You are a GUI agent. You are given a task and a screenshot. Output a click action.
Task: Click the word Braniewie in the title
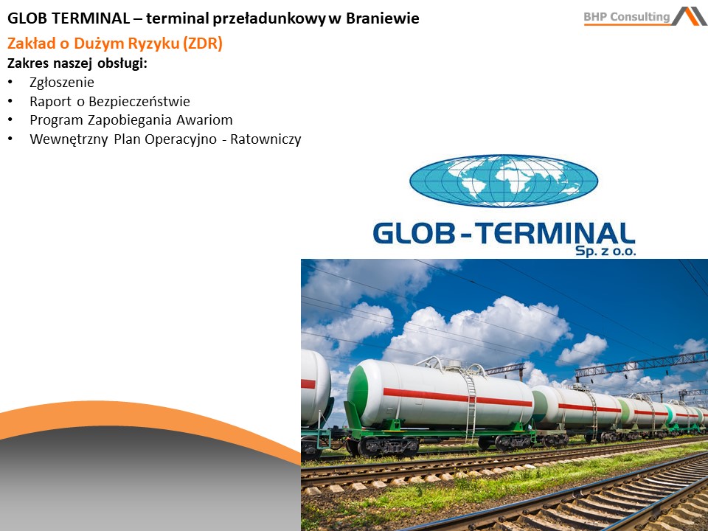[383, 18]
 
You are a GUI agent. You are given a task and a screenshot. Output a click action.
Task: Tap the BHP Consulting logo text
[627, 17]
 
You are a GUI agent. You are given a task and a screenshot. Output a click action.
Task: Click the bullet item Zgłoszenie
[62, 82]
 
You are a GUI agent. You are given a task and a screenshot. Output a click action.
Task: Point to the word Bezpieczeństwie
[139, 101]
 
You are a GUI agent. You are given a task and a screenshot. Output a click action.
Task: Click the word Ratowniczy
[265, 139]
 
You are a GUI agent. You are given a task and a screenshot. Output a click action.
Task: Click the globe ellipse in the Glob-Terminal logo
[504, 181]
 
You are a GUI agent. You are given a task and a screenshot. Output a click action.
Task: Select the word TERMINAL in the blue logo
[556, 234]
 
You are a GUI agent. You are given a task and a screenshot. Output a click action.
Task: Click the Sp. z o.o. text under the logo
[605, 251]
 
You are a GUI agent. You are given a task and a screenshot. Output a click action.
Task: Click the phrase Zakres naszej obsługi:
[77, 63]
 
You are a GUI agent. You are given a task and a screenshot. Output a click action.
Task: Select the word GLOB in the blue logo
[414, 234]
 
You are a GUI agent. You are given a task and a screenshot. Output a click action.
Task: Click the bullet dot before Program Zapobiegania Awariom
[10, 120]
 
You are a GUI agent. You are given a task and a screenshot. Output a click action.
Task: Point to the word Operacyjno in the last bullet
[181, 139]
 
